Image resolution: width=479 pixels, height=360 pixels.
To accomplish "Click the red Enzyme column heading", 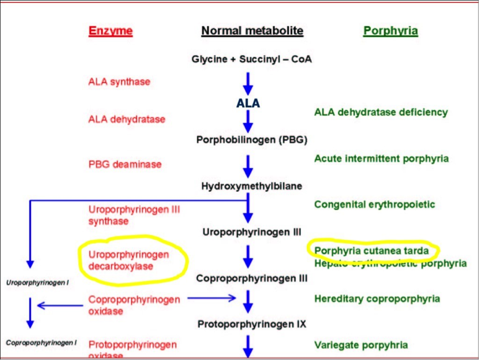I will point(111,31).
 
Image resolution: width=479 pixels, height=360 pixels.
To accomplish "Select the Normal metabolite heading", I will point(252,31).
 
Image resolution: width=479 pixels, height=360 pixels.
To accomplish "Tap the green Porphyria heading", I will point(390,31).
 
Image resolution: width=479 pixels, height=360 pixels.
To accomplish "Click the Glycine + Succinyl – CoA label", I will point(251,59).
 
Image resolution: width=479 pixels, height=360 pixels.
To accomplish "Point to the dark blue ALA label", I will point(248,103).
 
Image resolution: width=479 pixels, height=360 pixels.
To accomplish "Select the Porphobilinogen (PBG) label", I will point(251,139).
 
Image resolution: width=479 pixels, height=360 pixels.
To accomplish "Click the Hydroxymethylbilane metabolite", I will point(251,186).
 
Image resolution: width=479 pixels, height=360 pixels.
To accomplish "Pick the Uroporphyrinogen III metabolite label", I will point(251,232).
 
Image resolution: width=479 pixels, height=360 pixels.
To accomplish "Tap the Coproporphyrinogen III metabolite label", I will point(251,278).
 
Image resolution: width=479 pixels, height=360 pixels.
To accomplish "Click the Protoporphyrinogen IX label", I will point(251,323).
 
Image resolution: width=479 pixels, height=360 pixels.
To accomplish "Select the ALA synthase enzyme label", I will point(119,82).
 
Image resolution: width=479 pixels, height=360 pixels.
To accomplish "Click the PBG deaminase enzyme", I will point(125,164).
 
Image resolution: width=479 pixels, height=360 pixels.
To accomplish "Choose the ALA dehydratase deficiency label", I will point(381,112).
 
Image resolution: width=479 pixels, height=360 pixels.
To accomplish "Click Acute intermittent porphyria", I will point(382,159).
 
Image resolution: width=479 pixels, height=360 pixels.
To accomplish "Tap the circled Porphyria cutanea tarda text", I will point(372,251).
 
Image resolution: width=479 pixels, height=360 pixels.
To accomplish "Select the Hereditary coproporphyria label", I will point(377,299).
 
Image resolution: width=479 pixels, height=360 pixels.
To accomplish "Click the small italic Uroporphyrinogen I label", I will point(37,283).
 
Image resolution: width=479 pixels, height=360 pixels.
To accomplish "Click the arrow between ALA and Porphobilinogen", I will point(248,121).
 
